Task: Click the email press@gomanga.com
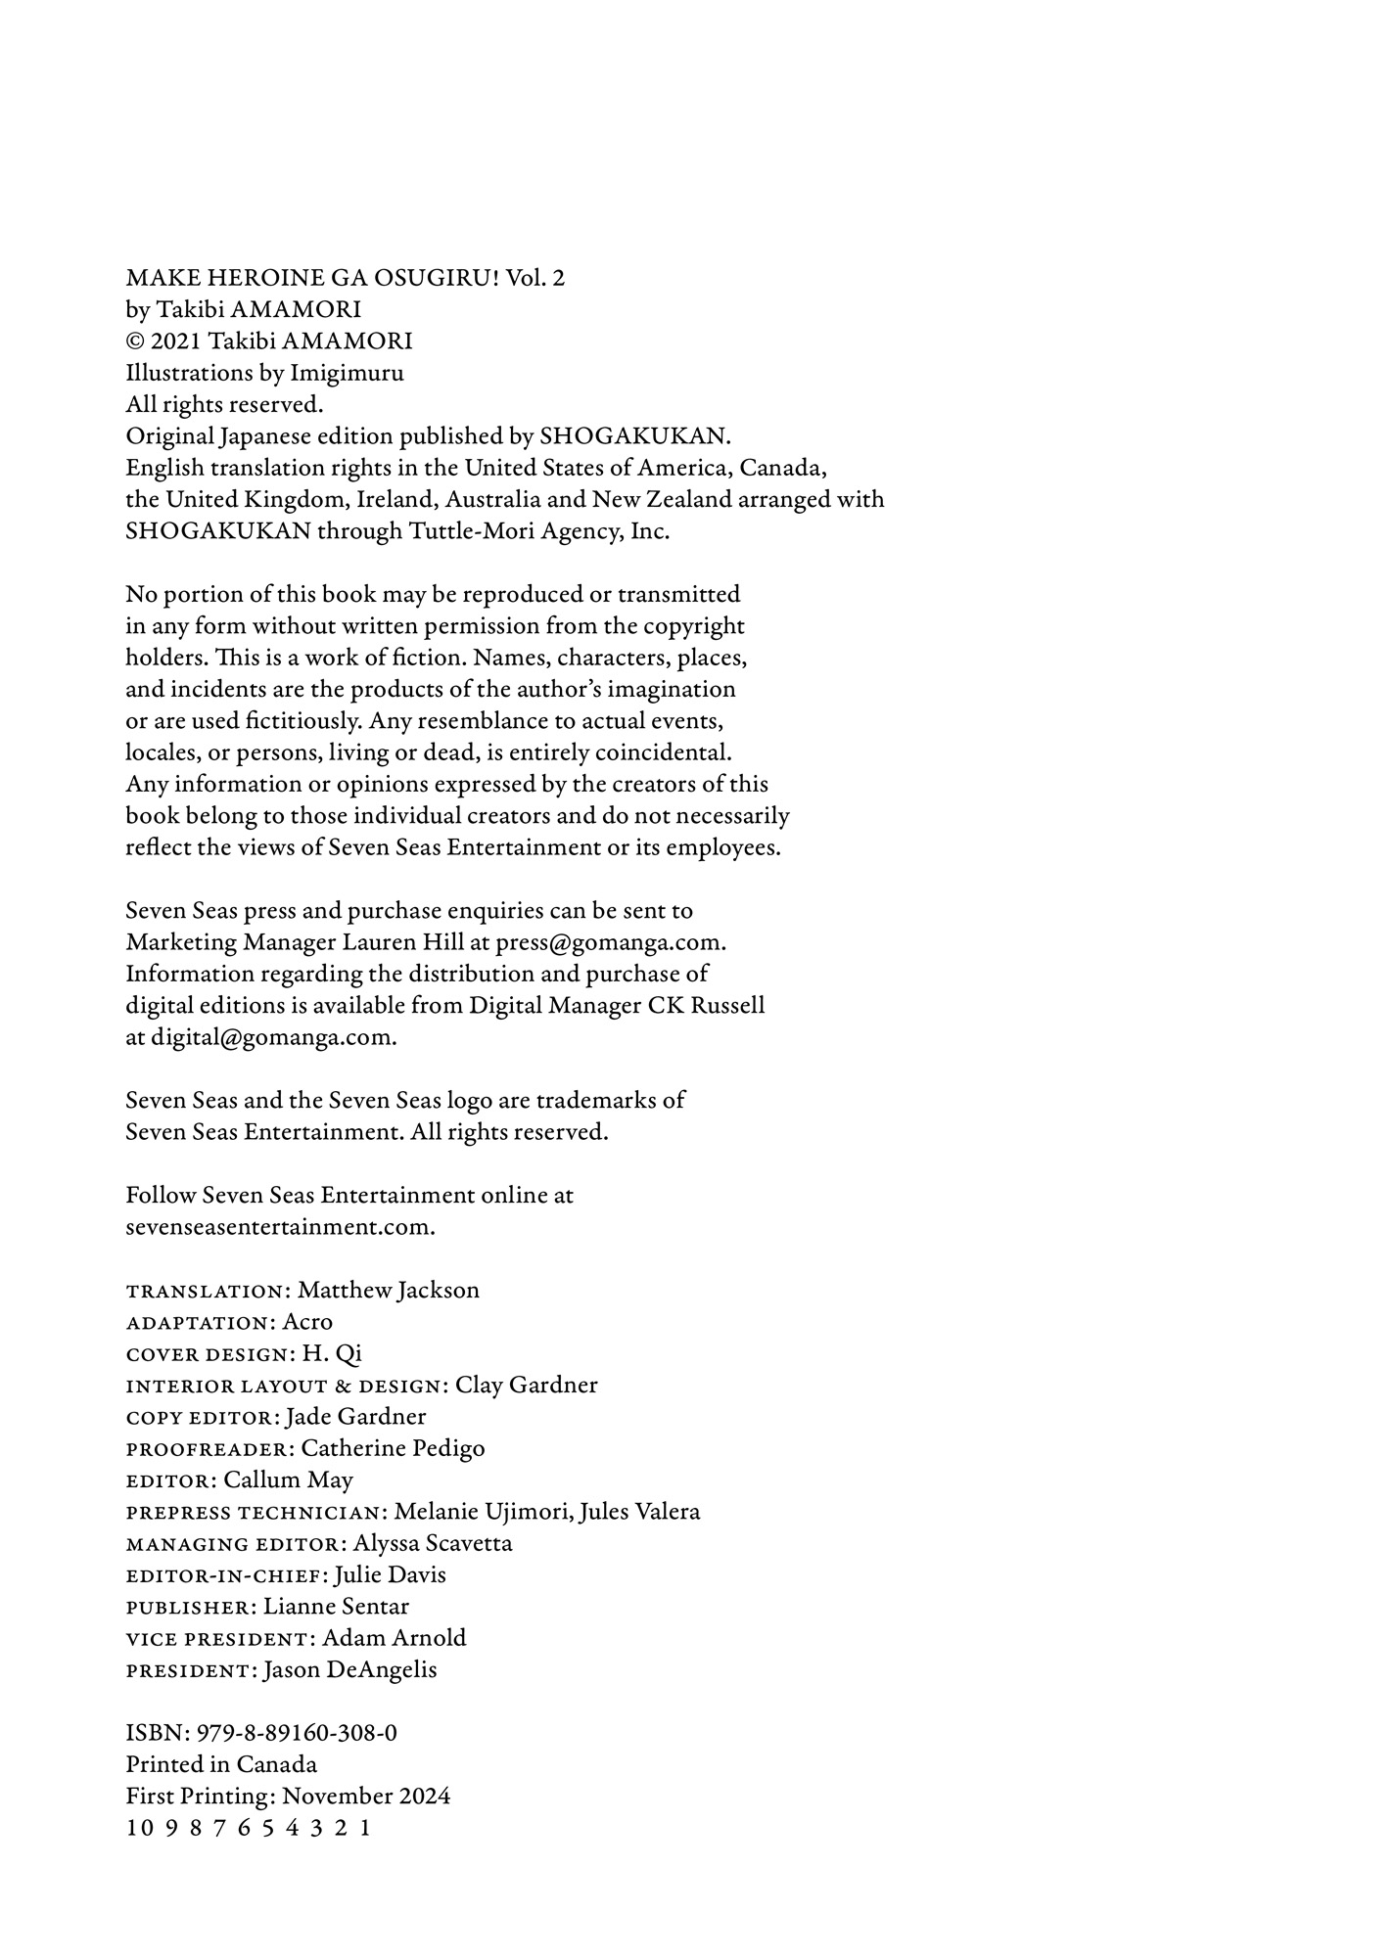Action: (x=610, y=943)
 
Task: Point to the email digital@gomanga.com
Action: (x=272, y=1038)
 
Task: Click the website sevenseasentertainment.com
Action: (x=279, y=1227)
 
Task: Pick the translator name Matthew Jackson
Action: (x=389, y=1291)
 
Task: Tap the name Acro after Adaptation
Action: (x=307, y=1322)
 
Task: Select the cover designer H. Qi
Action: (x=332, y=1354)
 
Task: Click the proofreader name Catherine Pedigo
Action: (x=393, y=1448)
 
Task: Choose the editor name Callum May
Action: (x=289, y=1480)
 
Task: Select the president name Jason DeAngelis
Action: (x=350, y=1670)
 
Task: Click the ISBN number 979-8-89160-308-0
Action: (x=297, y=1734)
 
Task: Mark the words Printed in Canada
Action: (x=221, y=1765)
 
